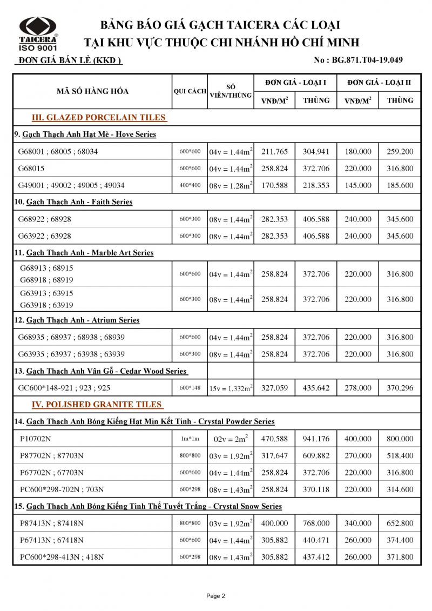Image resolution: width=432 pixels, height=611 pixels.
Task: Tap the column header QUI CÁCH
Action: coord(190,91)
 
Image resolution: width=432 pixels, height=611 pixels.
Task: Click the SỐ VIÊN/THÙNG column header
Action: coord(231,91)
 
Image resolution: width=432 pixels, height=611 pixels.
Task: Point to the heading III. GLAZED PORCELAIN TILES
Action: coord(99,118)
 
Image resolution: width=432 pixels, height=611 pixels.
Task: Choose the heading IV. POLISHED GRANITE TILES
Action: coord(97,405)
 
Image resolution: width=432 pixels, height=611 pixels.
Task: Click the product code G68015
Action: coord(33,169)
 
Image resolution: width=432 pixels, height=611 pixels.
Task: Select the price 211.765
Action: coord(274,152)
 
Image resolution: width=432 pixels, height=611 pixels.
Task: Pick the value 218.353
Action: coord(316,185)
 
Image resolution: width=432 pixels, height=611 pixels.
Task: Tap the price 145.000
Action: coord(357,185)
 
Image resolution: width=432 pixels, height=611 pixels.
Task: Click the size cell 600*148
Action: coord(190,388)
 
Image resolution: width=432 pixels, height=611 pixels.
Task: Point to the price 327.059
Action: coord(274,388)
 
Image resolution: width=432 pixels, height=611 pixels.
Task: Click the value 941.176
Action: coord(316,439)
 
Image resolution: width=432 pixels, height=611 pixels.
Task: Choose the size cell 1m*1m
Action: coord(190,439)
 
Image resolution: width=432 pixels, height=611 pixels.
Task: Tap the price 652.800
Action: coord(400,523)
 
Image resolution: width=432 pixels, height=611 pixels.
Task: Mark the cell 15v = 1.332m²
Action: coord(231,388)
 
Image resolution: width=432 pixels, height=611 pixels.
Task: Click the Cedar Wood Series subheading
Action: coord(106,371)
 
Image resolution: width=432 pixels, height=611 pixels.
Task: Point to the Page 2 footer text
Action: coord(215,596)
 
